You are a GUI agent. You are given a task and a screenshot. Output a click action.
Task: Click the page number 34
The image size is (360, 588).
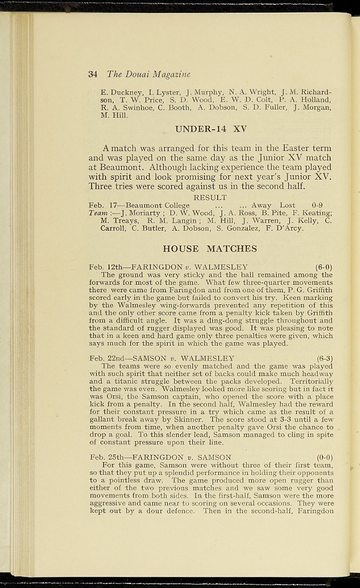[93, 74]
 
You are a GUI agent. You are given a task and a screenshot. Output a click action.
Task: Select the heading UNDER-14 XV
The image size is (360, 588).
[210, 129]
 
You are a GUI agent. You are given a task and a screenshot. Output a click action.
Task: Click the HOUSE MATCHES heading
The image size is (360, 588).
[210, 249]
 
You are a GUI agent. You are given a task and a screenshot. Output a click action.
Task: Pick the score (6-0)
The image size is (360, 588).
[324, 267]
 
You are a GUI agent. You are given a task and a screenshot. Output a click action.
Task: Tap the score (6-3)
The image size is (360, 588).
[324, 358]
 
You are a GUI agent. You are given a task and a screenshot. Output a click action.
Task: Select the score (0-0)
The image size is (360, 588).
[324, 457]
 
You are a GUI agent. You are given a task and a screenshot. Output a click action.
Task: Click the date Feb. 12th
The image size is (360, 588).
[105, 267]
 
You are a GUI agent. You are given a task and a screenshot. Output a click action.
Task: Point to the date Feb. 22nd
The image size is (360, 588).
[107, 358]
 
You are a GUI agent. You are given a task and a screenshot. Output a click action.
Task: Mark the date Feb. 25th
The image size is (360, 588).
[107, 457]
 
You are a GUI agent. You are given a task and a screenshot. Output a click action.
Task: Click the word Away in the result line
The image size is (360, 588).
[261, 205]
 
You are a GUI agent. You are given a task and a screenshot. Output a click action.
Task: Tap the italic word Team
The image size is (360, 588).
[99, 213]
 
